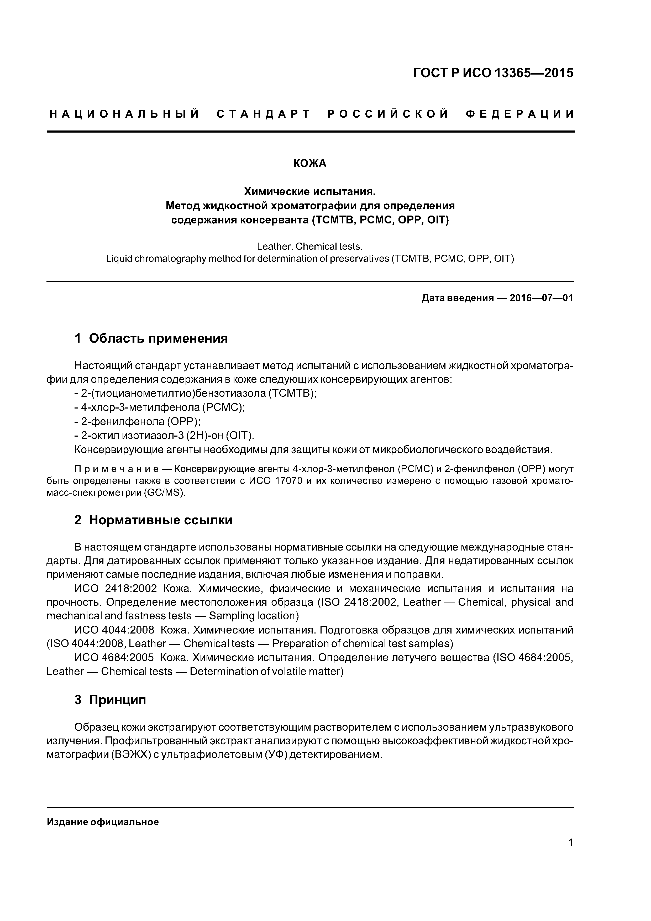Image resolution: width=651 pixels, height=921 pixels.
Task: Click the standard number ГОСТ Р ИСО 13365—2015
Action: click(493, 73)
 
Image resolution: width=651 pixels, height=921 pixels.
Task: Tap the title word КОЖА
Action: click(310, 164)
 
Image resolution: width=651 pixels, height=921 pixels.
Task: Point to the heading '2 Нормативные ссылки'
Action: click(153, 520)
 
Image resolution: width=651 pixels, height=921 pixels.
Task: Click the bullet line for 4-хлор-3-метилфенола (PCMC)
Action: click(160, 407)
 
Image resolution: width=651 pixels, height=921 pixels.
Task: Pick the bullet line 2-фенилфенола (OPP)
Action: click(138, 422)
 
